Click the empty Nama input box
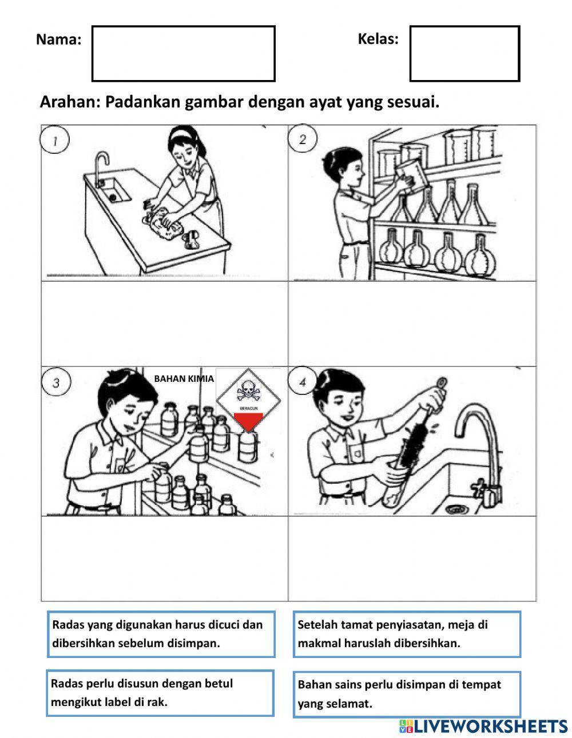point(183,53)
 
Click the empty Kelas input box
point(464,53)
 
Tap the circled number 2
point(303,139)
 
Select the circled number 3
point(56,382)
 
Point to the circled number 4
point(303,382)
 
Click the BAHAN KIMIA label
point(184,378)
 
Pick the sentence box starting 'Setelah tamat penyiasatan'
point(406,634)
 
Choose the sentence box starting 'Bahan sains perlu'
point(406,693)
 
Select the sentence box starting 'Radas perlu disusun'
point(160,693)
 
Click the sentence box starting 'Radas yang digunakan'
point(160,634)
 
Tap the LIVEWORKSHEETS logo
point(483,726)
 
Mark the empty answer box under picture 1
point(164,323)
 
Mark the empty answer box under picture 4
point(412,559)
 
